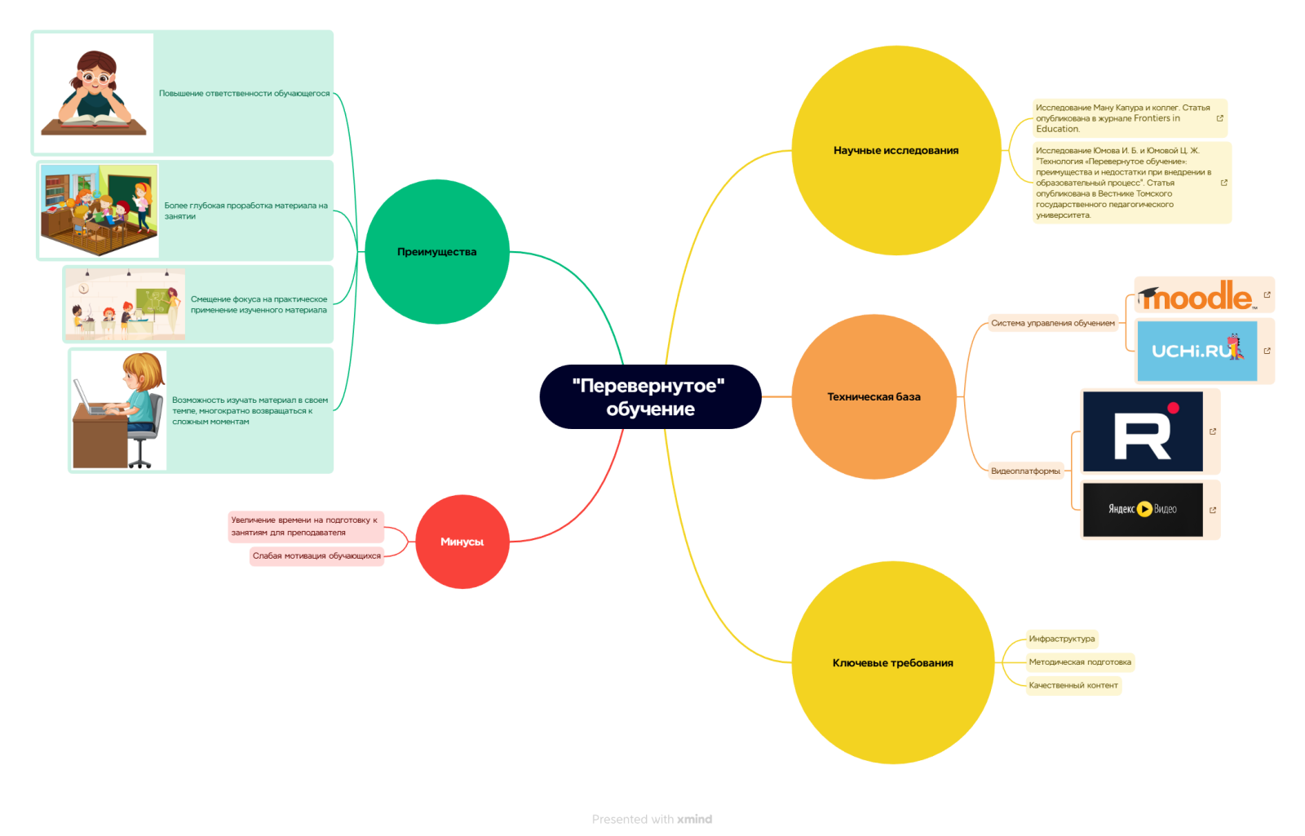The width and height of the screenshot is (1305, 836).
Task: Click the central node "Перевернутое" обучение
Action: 650,397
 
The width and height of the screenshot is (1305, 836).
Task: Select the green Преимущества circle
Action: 437,252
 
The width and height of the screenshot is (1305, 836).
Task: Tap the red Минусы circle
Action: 462,542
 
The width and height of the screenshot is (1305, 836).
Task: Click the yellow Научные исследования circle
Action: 896,150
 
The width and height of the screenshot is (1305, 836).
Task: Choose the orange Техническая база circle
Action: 874,396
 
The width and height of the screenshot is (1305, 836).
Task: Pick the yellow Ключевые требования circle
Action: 892,662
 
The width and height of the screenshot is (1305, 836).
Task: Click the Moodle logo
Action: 1197,295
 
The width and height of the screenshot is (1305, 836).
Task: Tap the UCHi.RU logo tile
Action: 1197,351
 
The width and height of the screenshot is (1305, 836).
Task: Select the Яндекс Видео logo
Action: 1142,509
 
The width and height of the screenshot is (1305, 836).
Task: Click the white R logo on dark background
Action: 1142,431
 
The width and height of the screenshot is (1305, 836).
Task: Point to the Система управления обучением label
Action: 1052,323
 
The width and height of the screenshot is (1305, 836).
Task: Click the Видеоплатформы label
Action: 1025,471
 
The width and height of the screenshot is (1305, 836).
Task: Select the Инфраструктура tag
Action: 1061,639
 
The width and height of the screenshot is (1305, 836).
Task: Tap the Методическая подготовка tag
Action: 1079,661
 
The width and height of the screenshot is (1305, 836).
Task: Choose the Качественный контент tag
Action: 1073,685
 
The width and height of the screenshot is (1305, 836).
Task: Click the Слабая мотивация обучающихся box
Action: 316,555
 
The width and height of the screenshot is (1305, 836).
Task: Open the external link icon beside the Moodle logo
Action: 1267,294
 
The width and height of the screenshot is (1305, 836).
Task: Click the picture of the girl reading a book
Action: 94,93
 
